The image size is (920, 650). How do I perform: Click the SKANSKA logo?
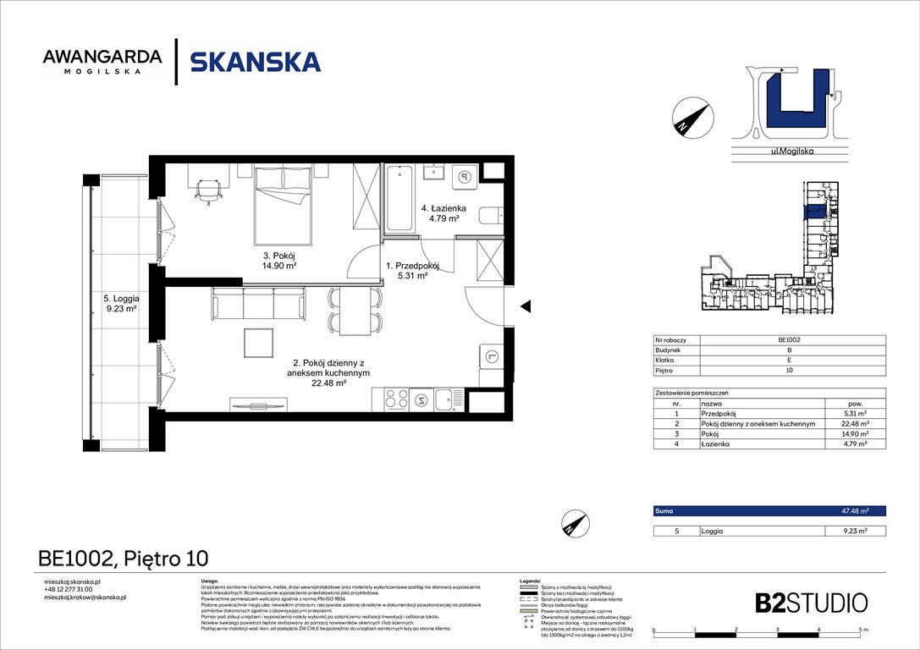pos(255,62)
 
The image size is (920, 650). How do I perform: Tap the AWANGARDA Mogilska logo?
pos(102,62)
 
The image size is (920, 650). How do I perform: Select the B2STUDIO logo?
pos(811,603)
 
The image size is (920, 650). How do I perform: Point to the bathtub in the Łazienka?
pos(399,199)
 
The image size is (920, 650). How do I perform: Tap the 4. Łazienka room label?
pos(441,212)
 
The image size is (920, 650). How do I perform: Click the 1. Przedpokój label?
pos(412,269)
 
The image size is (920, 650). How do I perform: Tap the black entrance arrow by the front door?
pos(525,306)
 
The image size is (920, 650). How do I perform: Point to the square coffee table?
pos(259,343)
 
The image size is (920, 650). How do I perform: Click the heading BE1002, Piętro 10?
pos(123,559)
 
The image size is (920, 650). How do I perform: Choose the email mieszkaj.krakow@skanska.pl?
pos(85,598)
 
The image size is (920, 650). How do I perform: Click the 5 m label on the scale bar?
pos(861,631)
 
